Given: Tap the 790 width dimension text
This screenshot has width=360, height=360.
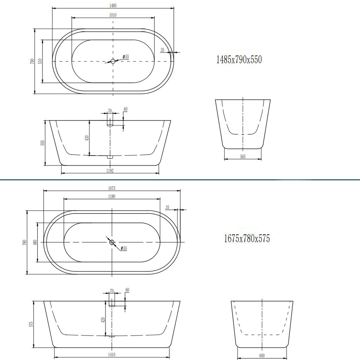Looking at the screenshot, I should pyautogui.click(x=32, y=61).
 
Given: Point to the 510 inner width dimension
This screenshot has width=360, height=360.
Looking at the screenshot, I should pyautogui.click(x=40, y=61).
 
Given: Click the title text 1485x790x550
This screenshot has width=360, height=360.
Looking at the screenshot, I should pyautogui.click(x=239, y=60).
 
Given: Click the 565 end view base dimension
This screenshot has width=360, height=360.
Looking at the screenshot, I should pyautogui.click(x=243, y=157).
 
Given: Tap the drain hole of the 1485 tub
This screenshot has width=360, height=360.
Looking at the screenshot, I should pyautogui.click(x=113, y=62).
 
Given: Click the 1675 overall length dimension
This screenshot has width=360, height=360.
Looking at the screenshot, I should pyautogui.click(x=112, y=188).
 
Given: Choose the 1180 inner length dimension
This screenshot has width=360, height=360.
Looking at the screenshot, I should pyautogui.click(x=112, y=196).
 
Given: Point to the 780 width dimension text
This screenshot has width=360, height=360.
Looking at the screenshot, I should pyautogui.click(x=25, y=242).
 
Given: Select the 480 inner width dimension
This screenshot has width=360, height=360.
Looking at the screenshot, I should pyautogui.click(x=35, y=242).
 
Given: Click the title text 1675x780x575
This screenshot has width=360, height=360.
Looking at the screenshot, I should pyautogui.click(x=247, y=238).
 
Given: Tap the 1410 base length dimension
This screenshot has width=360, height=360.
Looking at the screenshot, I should pyautogui.click(x=112, y=355).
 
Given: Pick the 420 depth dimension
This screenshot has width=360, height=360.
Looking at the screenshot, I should pyautogui.click(x=103, y=320).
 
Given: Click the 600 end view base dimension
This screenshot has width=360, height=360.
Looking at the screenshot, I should pyautogui.click(x=262, y=356).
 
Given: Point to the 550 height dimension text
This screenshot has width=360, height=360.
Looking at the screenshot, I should pyautogui.click(x=42, y=143).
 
